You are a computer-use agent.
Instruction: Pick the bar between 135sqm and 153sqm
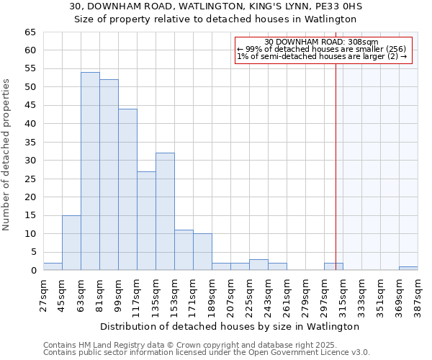click(165, 212)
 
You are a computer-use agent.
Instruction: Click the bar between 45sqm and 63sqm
click(71, 243)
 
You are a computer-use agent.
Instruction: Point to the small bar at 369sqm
click(408, 269)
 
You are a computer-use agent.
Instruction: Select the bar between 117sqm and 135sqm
click(146, 221)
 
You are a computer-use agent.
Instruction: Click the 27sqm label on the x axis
click(43, 294)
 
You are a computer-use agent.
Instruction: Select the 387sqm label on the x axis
click(418, 294)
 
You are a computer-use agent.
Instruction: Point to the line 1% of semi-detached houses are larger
click(322, 56)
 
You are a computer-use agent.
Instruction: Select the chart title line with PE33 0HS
click(216, 6)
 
